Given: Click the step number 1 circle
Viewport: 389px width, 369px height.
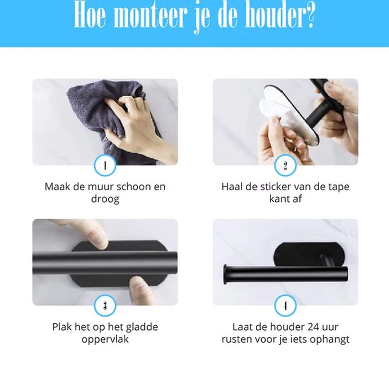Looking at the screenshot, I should click(105, 165).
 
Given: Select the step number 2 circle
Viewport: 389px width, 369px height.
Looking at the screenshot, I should click(285, 165).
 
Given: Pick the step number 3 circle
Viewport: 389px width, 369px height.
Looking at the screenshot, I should click(105, 305).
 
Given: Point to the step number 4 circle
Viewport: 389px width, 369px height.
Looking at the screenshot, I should click(285, 305).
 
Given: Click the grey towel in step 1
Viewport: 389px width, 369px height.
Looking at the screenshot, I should click(94, 107).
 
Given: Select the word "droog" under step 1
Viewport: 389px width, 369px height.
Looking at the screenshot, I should click(105, 199).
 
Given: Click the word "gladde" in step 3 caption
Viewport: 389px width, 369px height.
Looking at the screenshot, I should click(142, 327).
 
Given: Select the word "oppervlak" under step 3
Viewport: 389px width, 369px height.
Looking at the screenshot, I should click(105, 339).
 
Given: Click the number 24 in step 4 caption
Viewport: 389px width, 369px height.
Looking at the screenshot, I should click(313, 327).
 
